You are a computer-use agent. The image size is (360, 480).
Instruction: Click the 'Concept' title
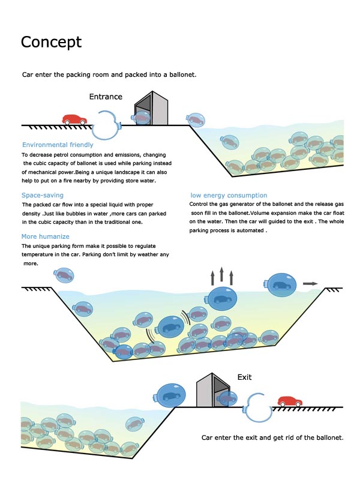click(x=51, y=43)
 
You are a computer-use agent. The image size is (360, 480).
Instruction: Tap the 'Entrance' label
click(x=106, y=97)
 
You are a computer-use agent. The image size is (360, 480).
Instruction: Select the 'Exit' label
click(x=244, y=377)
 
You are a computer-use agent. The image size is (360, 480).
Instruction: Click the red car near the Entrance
click(x=74, y=119)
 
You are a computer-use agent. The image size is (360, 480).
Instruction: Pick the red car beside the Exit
click(x=289, y=401)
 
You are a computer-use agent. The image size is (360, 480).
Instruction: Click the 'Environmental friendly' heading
click(x=58, y=145)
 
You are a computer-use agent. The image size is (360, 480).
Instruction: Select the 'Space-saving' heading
click(x=43, y=195)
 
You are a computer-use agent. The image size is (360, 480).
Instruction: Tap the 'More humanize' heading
click(x=46, y=236)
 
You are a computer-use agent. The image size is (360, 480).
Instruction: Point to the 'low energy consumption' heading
click(x=229, y=195)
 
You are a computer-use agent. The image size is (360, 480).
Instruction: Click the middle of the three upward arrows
click(x=221, y=276)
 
